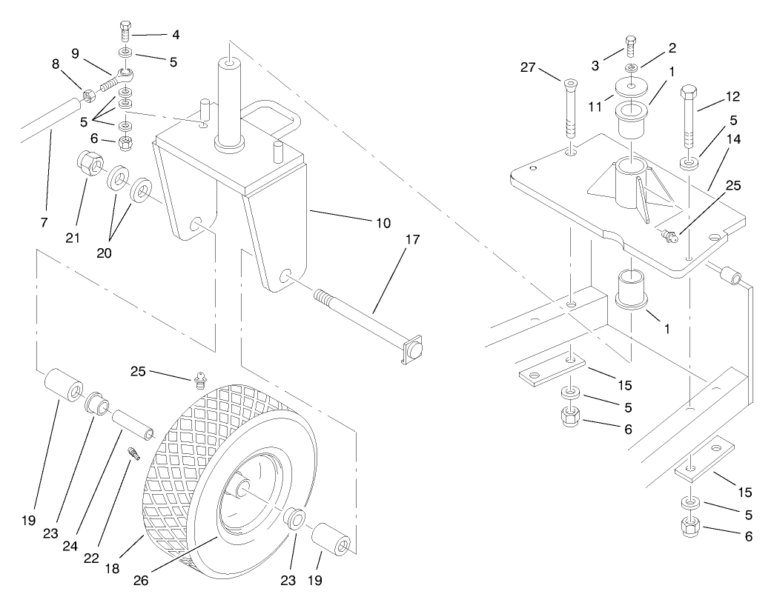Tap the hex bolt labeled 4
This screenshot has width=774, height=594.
tap(125, 34)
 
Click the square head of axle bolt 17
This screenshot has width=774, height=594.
tap(413, 350)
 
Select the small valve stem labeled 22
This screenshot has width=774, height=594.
tap(134, 453)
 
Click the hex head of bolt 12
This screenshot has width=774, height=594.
tap(688, 96)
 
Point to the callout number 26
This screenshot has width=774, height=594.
tap(142, 580)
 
